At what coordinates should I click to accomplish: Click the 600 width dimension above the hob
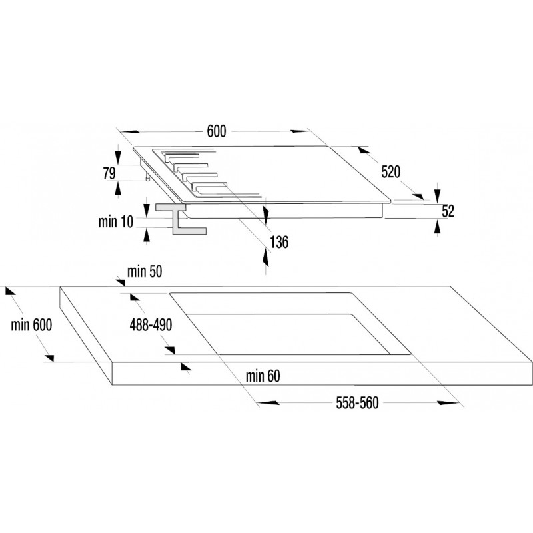click(x=217, y=131)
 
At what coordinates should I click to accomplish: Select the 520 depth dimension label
click(x=391, y=172)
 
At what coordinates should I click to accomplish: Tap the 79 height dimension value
click(x=109, y=173)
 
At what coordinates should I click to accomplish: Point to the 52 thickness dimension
click(x=448, y=211)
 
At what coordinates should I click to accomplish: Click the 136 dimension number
click(x=279, y=242)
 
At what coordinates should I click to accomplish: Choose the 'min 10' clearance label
click(x=115, y=222)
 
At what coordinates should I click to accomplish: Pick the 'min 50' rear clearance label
click(x=145, y=272)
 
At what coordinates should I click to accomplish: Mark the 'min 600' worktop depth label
click(x=31, y=325)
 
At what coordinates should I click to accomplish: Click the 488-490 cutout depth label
click(x=151, y=325)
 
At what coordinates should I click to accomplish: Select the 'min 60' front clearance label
click(x=263, y=376)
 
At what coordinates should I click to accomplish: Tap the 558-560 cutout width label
click(x=357, y=403)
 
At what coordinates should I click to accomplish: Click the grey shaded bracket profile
click(x=179, y=219)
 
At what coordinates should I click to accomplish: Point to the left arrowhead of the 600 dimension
click(x=129, y=131)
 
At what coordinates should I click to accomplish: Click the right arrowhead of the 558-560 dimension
click(x=448, y=403)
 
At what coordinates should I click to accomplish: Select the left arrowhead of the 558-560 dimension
click(x=268, y=403)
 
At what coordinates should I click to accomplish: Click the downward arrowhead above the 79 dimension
click(x=118, y=157)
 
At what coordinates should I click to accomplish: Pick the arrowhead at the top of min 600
click(x=11, y=291)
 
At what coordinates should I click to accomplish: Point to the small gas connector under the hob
click(x=147, y=177)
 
